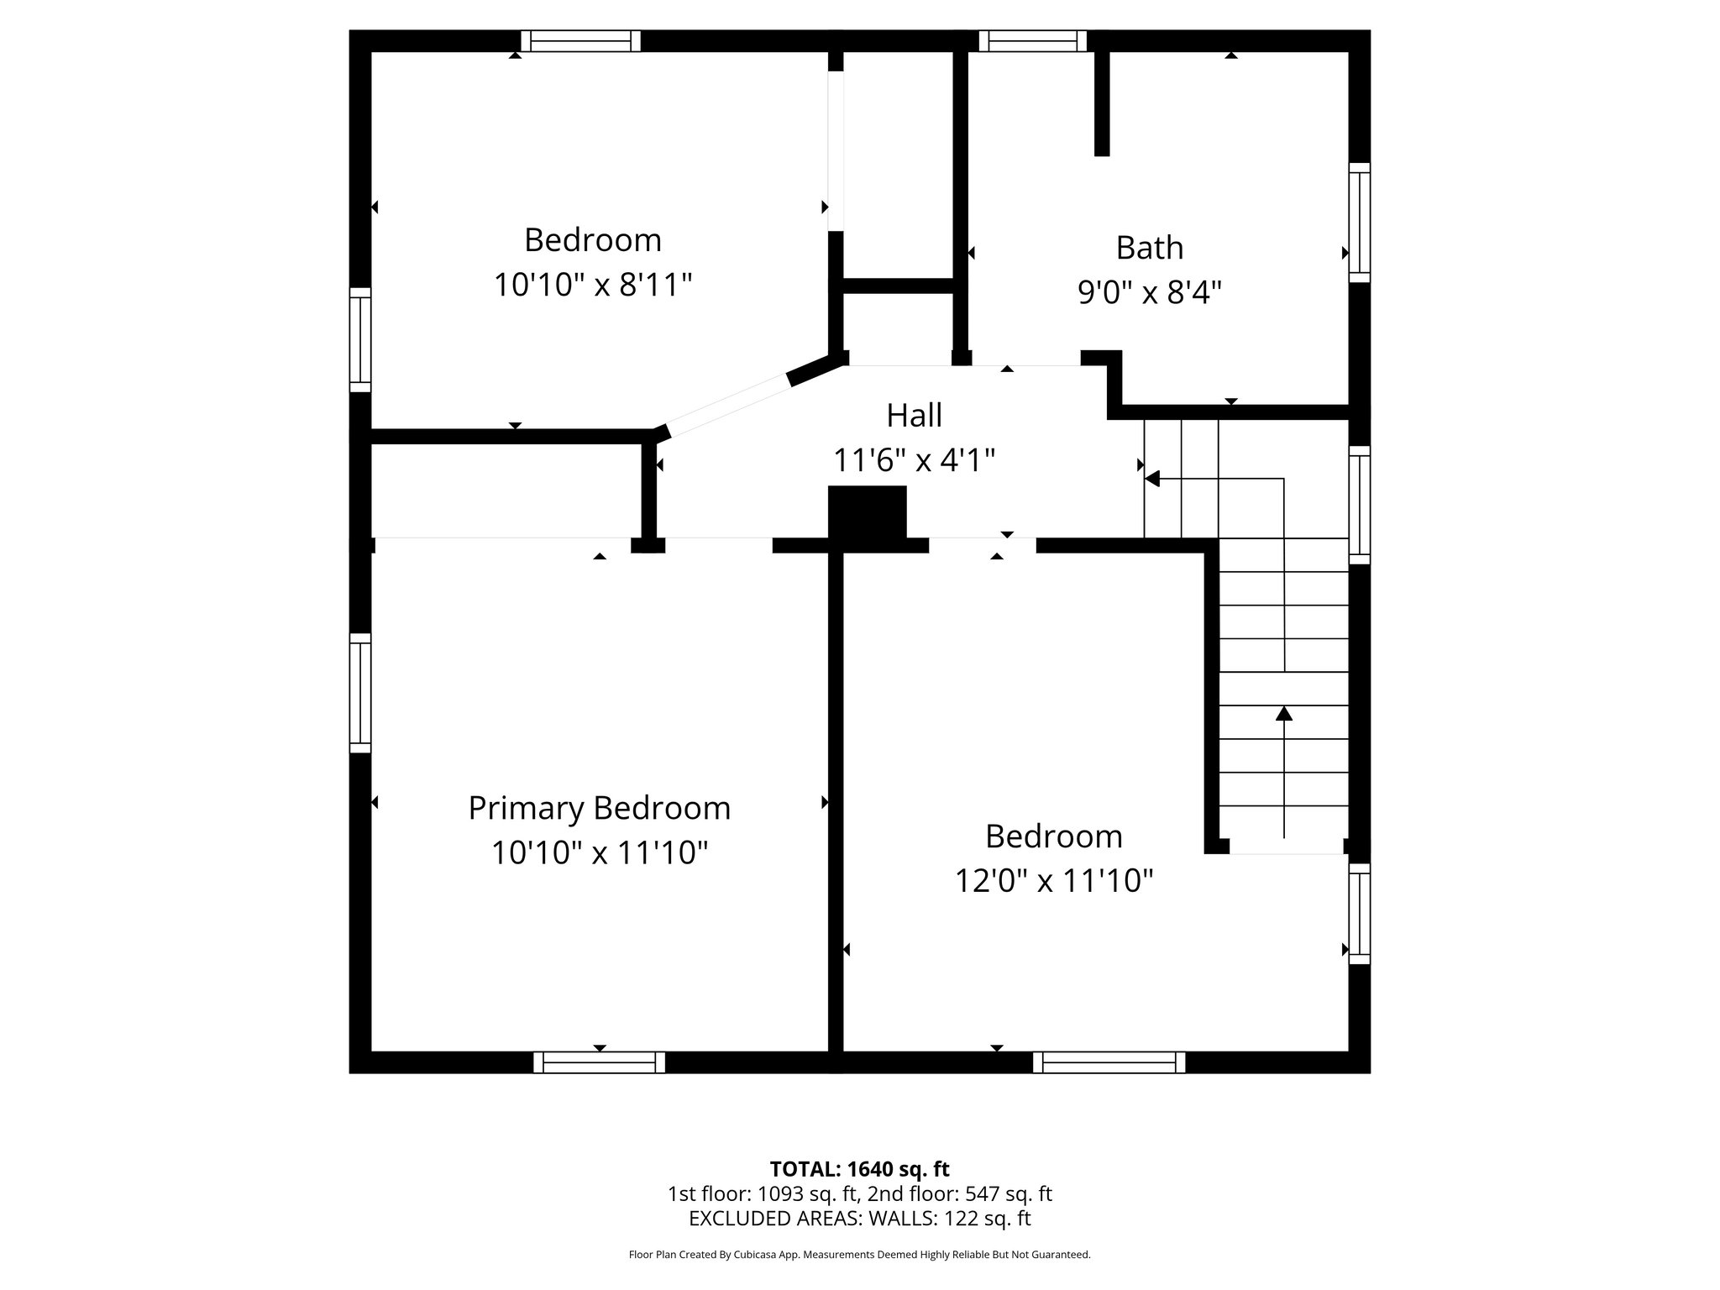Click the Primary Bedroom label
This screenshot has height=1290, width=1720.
pos(599,808)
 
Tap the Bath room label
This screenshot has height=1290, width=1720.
pos(1149,248)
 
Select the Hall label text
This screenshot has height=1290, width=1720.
pos(914,415)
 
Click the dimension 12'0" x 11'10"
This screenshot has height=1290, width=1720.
pos(1053,881)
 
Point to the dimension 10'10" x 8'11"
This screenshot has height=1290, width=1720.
pos(592,285)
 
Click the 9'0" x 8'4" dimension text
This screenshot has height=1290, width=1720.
pos(1149,292)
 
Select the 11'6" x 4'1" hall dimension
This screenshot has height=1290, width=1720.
pos(914,460)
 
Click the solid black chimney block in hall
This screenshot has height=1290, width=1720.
pos(867,513)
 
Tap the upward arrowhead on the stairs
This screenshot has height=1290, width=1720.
pos(1283,714)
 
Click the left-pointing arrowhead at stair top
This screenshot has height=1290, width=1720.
pos(1152,479)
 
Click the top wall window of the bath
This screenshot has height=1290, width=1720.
pos(1032,41)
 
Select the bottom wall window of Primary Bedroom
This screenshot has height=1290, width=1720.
pos(599,1062)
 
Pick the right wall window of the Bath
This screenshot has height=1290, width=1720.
pos(1359,223)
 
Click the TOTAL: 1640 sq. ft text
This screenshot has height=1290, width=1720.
pos(859,1169)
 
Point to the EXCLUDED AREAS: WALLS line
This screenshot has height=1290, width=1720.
pos(859,1219)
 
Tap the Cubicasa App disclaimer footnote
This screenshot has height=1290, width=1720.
pos(859,1255)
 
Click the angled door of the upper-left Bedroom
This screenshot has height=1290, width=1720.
pos(727,405)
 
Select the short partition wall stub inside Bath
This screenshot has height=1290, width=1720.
pos(1102,103)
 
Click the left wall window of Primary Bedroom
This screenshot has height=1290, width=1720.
pos(359,693)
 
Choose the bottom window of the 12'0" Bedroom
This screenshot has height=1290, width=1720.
pos(1109,1062)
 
